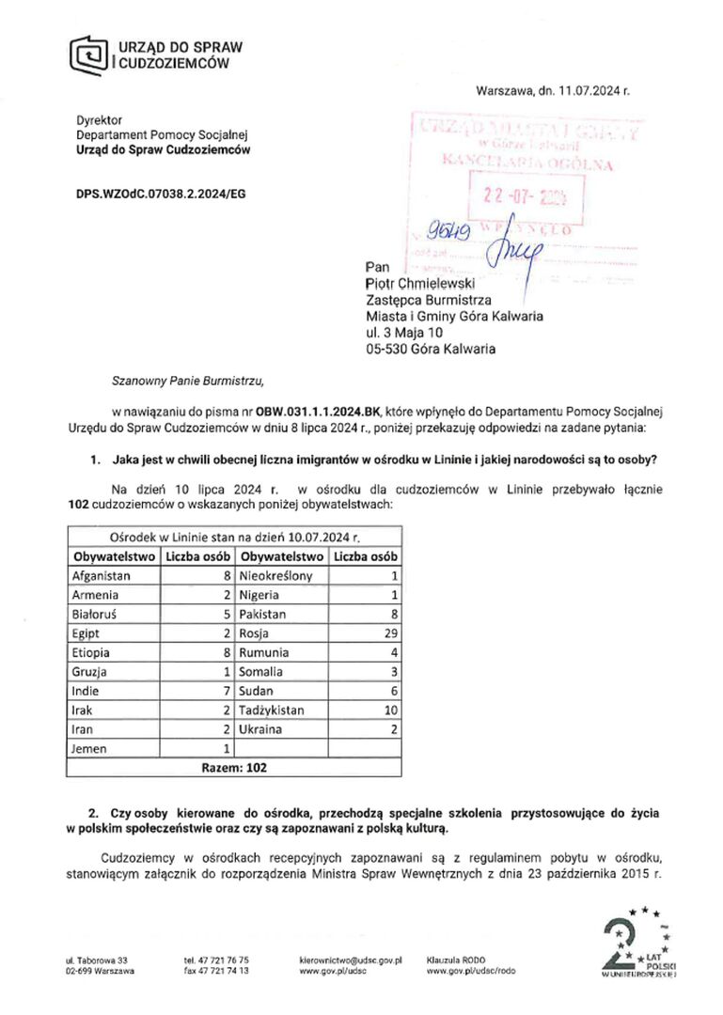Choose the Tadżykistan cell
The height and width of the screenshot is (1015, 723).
pyautogui.click(x=272, y=710)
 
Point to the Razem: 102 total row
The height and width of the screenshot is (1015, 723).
pyautogui.click(x=235, y=767)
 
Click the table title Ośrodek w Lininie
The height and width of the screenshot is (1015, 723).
pyautogui.click(x=235, y=538)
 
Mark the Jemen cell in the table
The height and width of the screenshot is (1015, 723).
pyautogui.click(x=89, y=748)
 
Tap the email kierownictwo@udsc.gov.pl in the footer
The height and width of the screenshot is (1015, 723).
pyautogui.click(x=350, y=960)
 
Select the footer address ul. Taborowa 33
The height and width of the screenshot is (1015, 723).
pyautogui.click(x=97, y=960)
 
